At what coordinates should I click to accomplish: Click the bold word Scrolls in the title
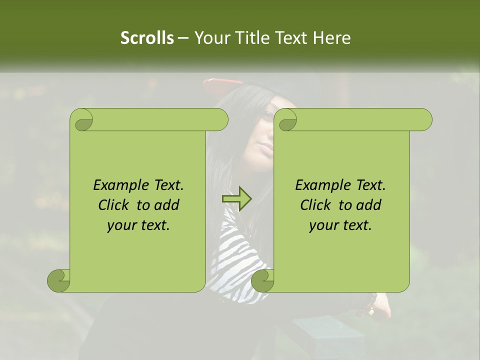[x=147, y=38]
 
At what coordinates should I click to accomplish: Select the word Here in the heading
[x=331, y=38]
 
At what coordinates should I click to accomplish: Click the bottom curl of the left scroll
[x=58, y=280]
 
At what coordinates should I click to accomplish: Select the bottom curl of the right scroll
[x=262, y=280]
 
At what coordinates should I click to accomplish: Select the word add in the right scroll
[x=369, y=205]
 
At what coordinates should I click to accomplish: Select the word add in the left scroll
[x=167, y=205]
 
